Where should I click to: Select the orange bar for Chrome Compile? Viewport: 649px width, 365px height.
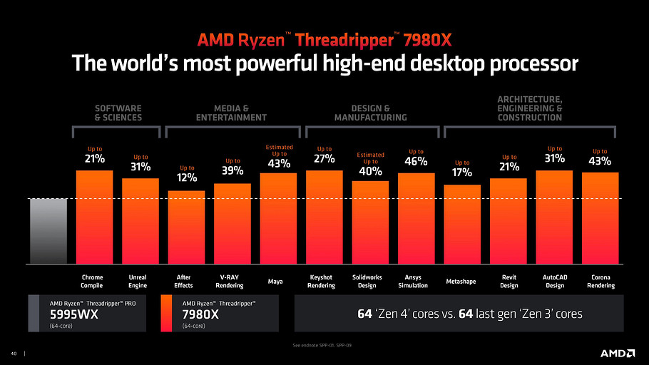(94, 217)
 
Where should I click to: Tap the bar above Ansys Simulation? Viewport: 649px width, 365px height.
(416, 218)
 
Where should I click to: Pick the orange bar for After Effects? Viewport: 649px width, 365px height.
(186, 227)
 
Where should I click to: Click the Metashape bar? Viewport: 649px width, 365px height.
(462, 224)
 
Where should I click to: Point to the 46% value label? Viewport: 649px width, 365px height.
(416, 162)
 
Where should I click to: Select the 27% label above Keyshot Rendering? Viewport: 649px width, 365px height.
(324, 158)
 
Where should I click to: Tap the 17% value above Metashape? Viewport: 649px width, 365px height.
(462, 173)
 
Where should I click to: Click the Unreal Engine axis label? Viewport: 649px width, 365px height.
(138, 282)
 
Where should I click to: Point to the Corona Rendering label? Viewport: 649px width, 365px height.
(600, 282)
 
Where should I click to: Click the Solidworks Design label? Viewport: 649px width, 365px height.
(370, 282)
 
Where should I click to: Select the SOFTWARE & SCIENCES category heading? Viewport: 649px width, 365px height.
(118, 113)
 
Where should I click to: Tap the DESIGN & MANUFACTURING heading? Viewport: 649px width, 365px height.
(371, 113)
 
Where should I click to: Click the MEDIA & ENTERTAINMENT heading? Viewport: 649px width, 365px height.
(232, 113)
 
